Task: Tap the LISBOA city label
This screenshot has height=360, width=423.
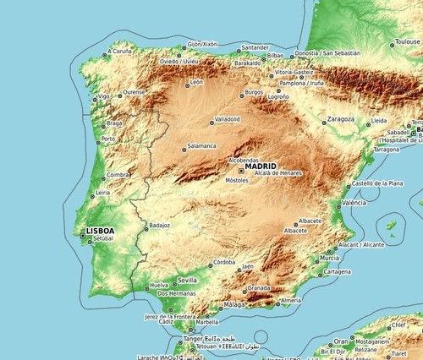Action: coord(99,230)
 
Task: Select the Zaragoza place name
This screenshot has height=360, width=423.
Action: coord(340,119)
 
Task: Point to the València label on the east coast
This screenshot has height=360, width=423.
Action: coord(354,203)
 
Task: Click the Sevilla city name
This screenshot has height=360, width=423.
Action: coord(187,280)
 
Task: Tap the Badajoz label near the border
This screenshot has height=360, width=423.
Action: coord(159,226)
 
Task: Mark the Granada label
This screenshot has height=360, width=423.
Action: coord(259,287)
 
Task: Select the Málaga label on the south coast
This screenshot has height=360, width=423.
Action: coord(234,304)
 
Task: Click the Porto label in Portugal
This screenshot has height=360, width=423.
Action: coord(107,139)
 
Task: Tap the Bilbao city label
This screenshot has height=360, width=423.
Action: coord(274,55)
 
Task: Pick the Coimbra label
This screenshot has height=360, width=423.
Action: coord(117,175)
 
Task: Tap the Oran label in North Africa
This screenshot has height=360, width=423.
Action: coord(340,341)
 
